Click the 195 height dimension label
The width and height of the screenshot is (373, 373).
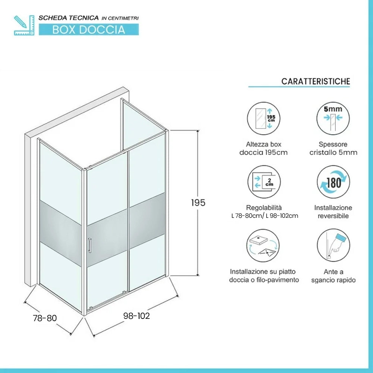[198, 203]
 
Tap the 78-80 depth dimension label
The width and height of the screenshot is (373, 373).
[45, 318]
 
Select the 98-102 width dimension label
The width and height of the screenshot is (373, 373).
[137, 316]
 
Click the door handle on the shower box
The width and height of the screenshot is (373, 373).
[90, 245]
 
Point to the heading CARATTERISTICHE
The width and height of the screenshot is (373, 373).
[316, 81]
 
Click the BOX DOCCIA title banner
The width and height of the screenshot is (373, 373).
[89, 29]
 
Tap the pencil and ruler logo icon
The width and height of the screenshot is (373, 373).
[24, 25]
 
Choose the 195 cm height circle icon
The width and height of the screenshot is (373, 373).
[263, 119]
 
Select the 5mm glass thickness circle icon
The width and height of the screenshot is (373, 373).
[333, 119]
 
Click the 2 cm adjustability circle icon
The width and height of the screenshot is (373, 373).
[264, 182]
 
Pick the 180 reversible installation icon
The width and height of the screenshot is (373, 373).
[333, 182]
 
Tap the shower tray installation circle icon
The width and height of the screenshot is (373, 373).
[263, 245]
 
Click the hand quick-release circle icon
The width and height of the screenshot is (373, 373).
[333, 245]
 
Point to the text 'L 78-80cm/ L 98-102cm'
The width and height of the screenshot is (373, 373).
[264, 216]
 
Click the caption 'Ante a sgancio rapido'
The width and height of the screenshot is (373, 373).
[333, 276]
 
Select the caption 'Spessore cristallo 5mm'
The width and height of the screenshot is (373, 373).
[333, 148]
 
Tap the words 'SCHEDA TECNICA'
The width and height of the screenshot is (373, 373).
[69, 18]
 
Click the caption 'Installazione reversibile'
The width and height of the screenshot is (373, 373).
[333, 212]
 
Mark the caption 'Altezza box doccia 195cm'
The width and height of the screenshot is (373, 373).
[264, 148]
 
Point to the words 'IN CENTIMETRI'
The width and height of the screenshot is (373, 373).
[120, 18]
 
